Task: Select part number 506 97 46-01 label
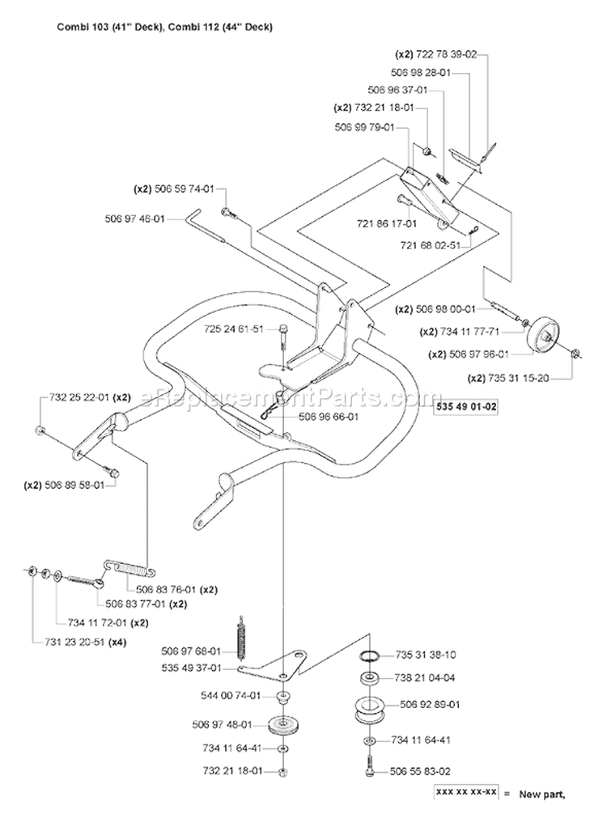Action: click(x=134, y=219)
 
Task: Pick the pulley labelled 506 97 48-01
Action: click(x=282, y=725)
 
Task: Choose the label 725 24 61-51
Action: click(x=234, y=329)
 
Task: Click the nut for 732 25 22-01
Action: click(x=39, y=431)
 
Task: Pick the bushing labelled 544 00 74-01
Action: click(x=283, y=697)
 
